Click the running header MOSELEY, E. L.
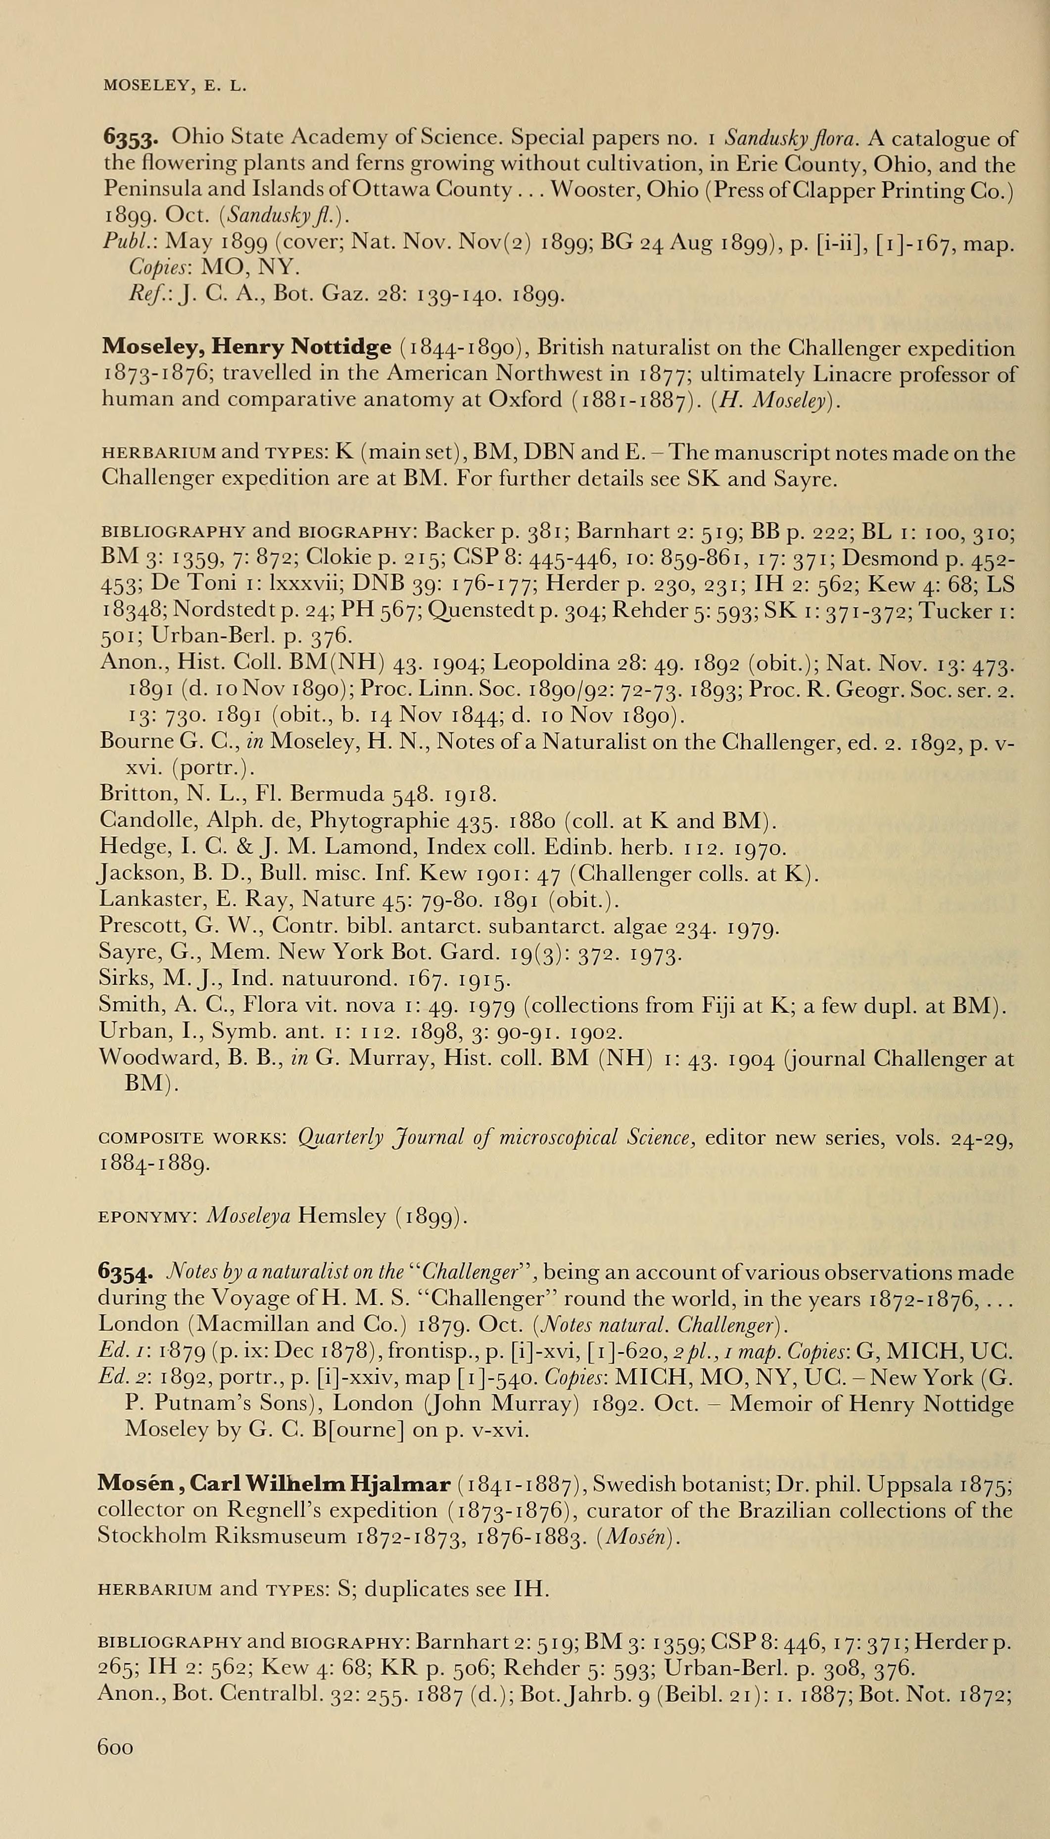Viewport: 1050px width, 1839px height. [175, 87]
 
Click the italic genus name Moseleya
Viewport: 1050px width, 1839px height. [248, 1217]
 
